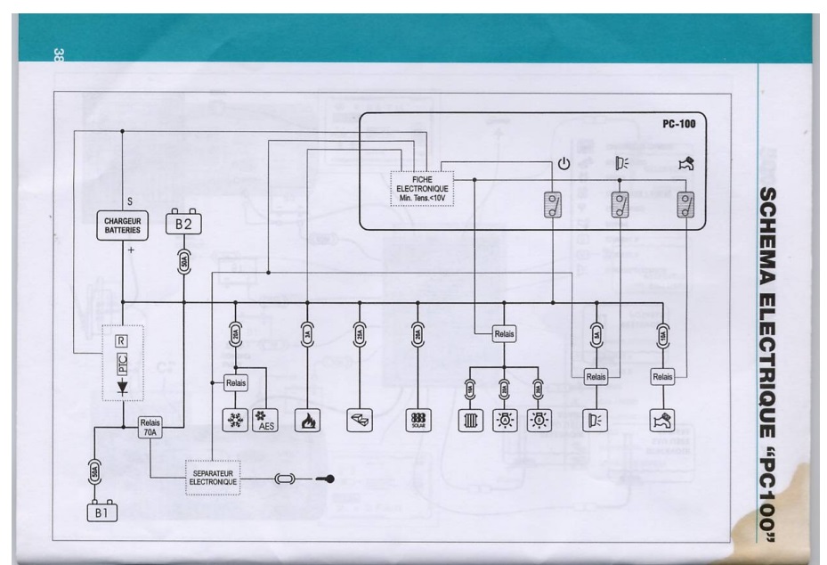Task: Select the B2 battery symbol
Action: pyautogui.click(x=183, y=225)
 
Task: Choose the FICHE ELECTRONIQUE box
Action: pyautogui.click(x=423, y=189)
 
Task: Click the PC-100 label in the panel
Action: pyautogui.click(x=679, y=125)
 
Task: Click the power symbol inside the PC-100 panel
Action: pyautogui.click(x=563, y=163)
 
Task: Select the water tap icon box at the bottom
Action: pyautogui.click(x=663, y=419)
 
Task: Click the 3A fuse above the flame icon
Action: pyautogui.click(x=307, y=335)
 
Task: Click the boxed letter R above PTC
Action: pyautogui.click(x=122, y=340)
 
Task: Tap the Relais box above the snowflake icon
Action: pyautogui.click(x=235, y=382)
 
